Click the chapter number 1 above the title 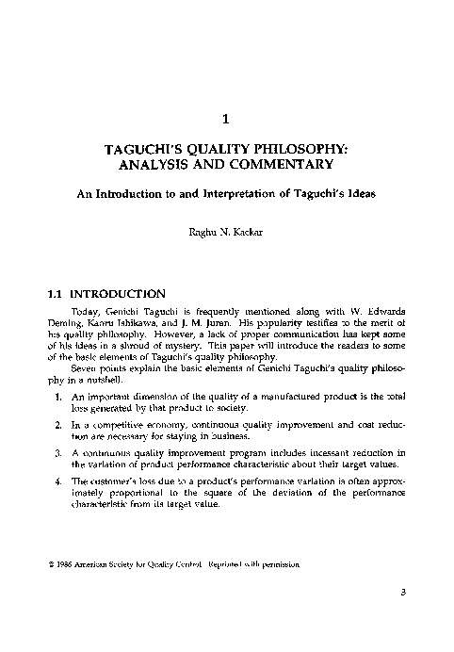(226, 119)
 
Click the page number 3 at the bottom (399, 617)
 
